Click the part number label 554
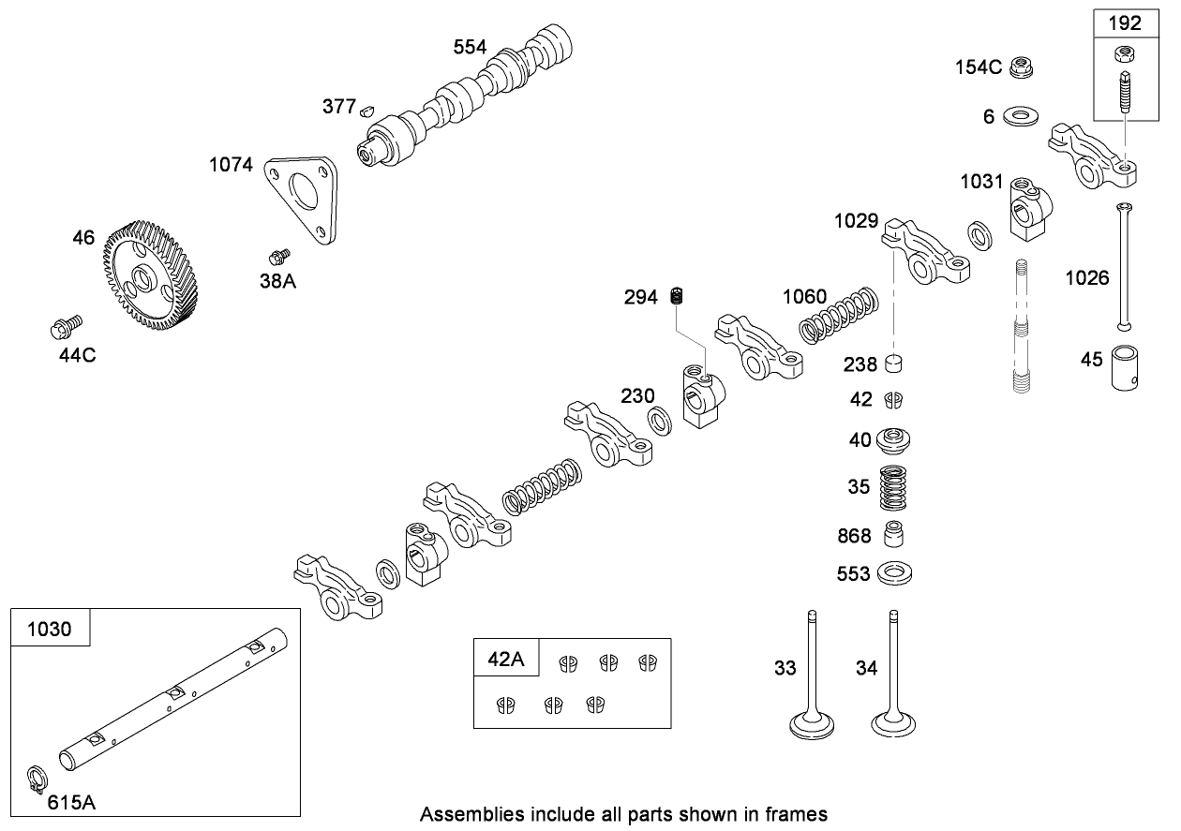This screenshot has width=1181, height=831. tap(471, 48)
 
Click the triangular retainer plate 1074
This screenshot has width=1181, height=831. tap(302, 198)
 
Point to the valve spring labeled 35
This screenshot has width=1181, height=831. tap(894, 487)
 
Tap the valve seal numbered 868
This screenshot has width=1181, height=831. tap(894, 534)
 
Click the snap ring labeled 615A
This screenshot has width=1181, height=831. tap(35, 779)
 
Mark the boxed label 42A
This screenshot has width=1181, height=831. tap(506, 659)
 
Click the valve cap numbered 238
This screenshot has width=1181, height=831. tap(895, 364)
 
